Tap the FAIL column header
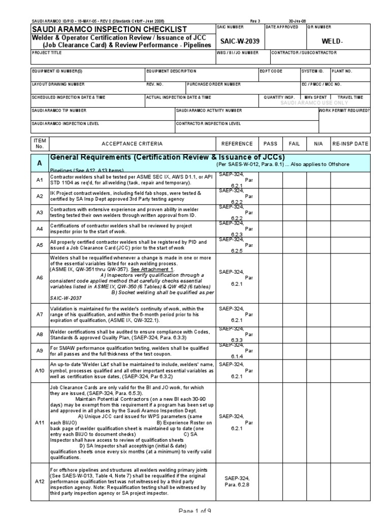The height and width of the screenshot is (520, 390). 295,144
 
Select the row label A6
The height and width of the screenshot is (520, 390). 40,278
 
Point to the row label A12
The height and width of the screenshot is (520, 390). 40,481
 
